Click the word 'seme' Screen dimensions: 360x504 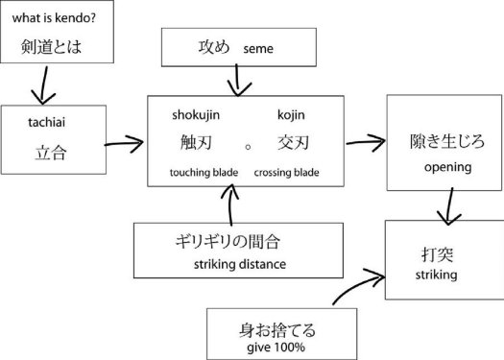click(257, 47)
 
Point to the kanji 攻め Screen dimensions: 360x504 click(214, 46)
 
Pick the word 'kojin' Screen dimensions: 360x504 click(291, 115)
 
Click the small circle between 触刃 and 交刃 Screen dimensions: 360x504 click(247, 148)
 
